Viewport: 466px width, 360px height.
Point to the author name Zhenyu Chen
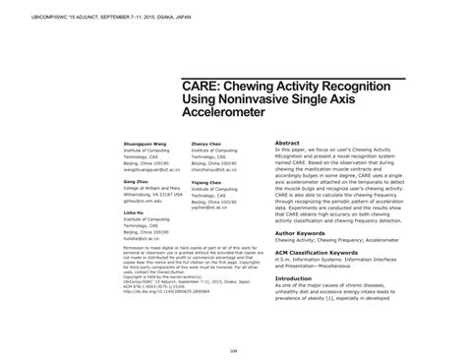coord(204,142)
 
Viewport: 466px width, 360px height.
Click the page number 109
coord(233,347)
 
